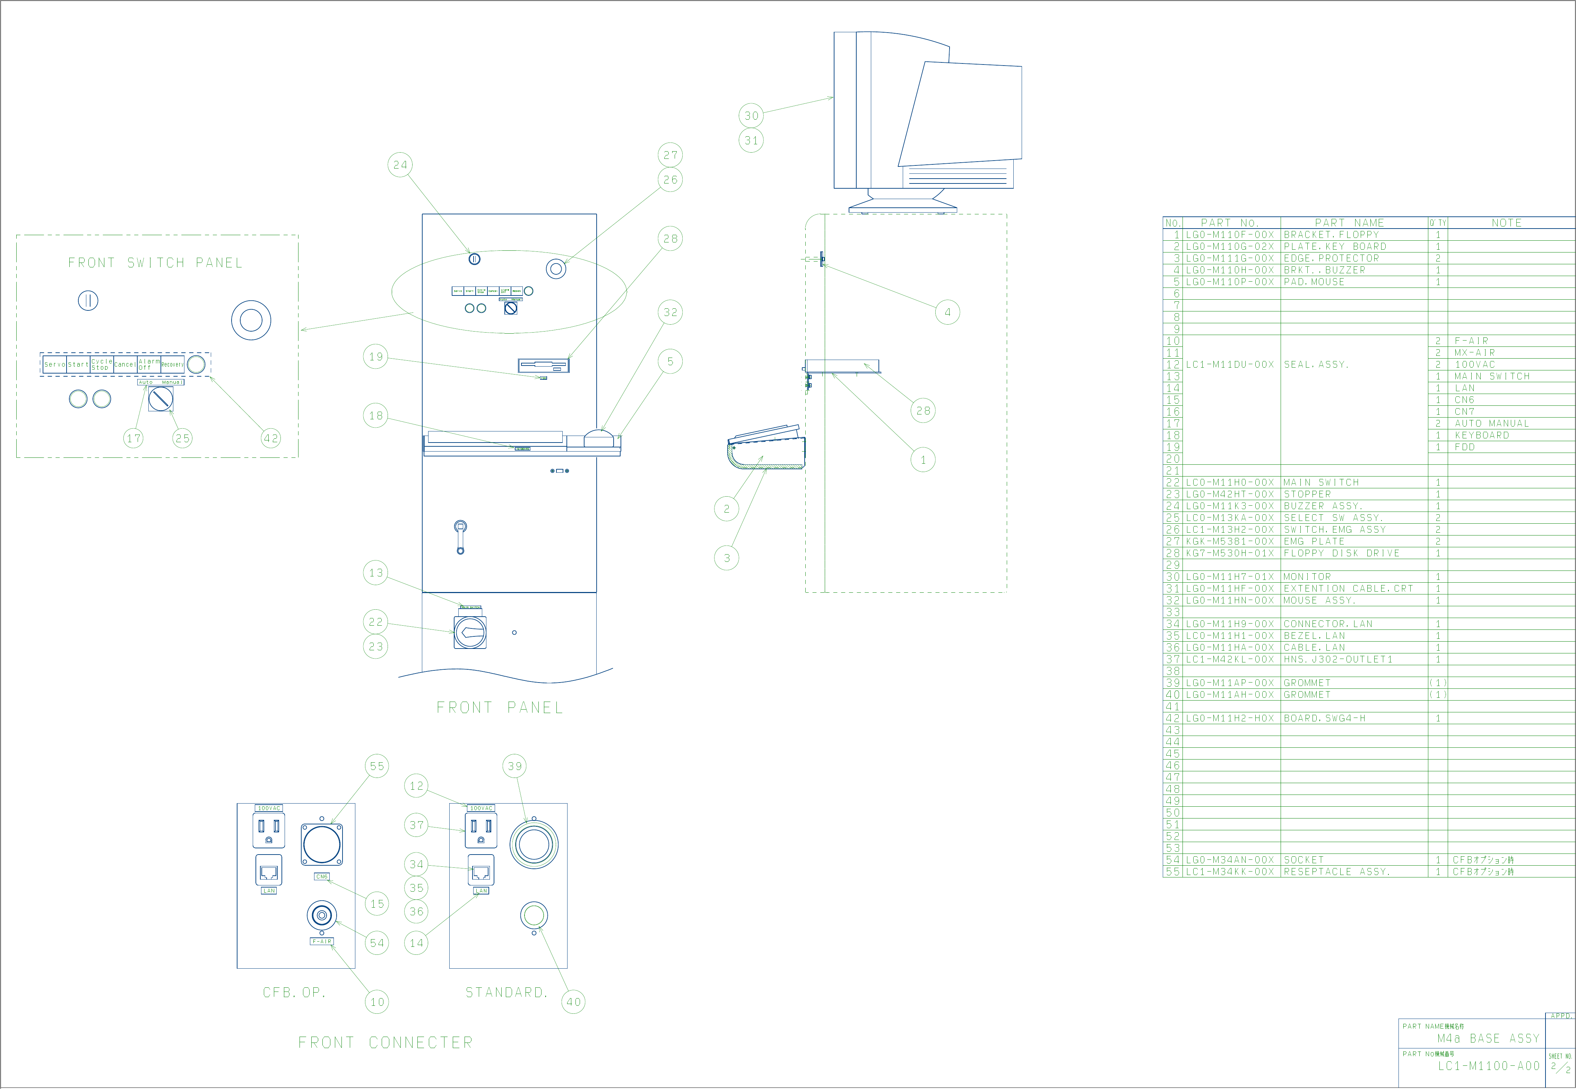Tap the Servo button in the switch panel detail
[x=54, y=365]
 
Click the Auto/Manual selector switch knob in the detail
[x=161, y=398]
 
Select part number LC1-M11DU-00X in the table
[x=1230, y=365]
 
